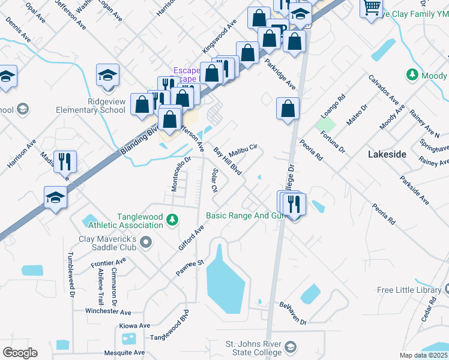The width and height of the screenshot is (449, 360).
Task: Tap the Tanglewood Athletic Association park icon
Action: (173, 220)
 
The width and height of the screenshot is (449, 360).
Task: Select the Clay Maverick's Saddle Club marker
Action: (146, 242)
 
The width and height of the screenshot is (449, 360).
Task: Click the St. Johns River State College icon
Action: (291, 347)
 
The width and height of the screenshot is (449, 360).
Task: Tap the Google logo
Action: (19, 353)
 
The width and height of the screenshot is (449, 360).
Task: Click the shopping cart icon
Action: (372, 7)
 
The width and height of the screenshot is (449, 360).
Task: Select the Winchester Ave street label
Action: (108, 312)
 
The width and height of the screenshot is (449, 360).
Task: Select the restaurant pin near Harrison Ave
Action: (65, 161)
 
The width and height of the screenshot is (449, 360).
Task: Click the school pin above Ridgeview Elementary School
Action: (108, 76)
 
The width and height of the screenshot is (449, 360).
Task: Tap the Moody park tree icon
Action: (412, 74)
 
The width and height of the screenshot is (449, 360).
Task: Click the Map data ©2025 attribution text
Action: (424, 355)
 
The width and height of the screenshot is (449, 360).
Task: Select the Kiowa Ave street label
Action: (134, 326)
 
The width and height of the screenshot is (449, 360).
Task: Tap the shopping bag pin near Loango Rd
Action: (288, 109)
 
